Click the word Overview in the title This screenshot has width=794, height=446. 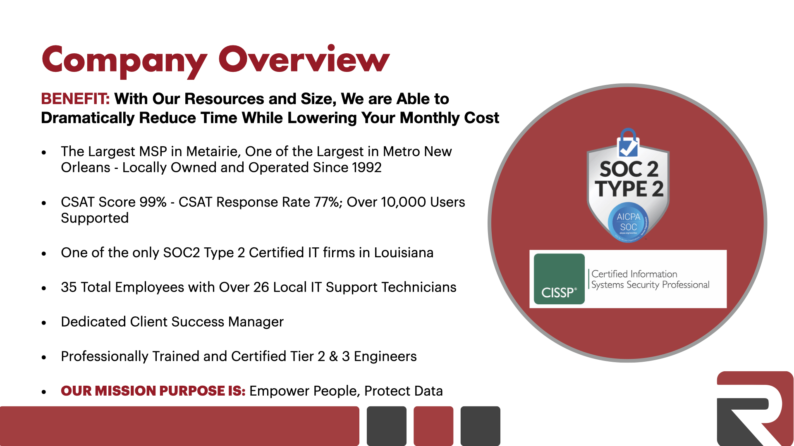point(304,59)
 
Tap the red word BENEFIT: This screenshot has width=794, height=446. point(75,99)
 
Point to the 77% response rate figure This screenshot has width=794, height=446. point(328,202)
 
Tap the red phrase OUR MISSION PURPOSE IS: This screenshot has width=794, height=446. point(153,391)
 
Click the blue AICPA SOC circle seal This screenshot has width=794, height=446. point(628,222)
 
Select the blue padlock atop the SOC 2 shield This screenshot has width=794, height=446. point(628,142)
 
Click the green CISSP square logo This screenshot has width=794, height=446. point(559,279)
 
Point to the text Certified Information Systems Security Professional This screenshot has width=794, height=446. point(650,279)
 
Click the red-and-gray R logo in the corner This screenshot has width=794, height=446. point(755,408)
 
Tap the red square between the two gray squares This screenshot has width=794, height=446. point(433,426)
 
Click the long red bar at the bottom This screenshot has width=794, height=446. point(179,426)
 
